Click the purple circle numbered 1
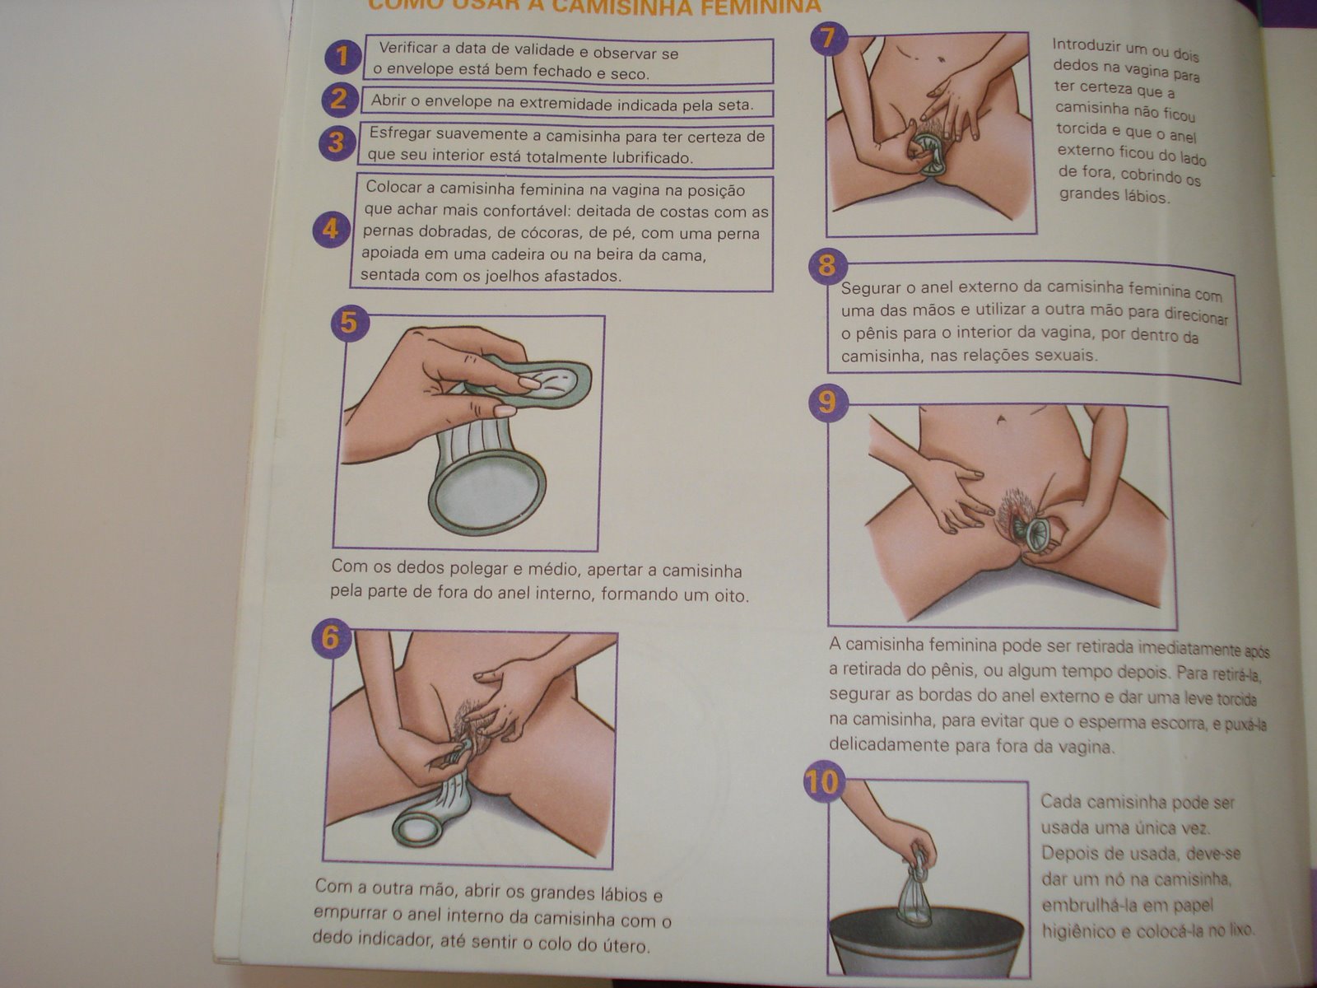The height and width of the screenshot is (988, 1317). coord(342,57)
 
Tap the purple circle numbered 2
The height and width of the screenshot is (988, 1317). coord(339,99)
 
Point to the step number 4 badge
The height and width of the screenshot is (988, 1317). coord(331,229)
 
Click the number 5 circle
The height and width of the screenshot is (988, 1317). coord(349,323)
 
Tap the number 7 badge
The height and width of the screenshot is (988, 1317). coord(829,39)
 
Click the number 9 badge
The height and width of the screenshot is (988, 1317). coord(828,403)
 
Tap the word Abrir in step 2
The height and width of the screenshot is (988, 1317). coord(389,100)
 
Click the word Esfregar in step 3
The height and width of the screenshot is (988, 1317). coord(399,133)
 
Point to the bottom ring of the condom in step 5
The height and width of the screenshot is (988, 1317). coord(487,492)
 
